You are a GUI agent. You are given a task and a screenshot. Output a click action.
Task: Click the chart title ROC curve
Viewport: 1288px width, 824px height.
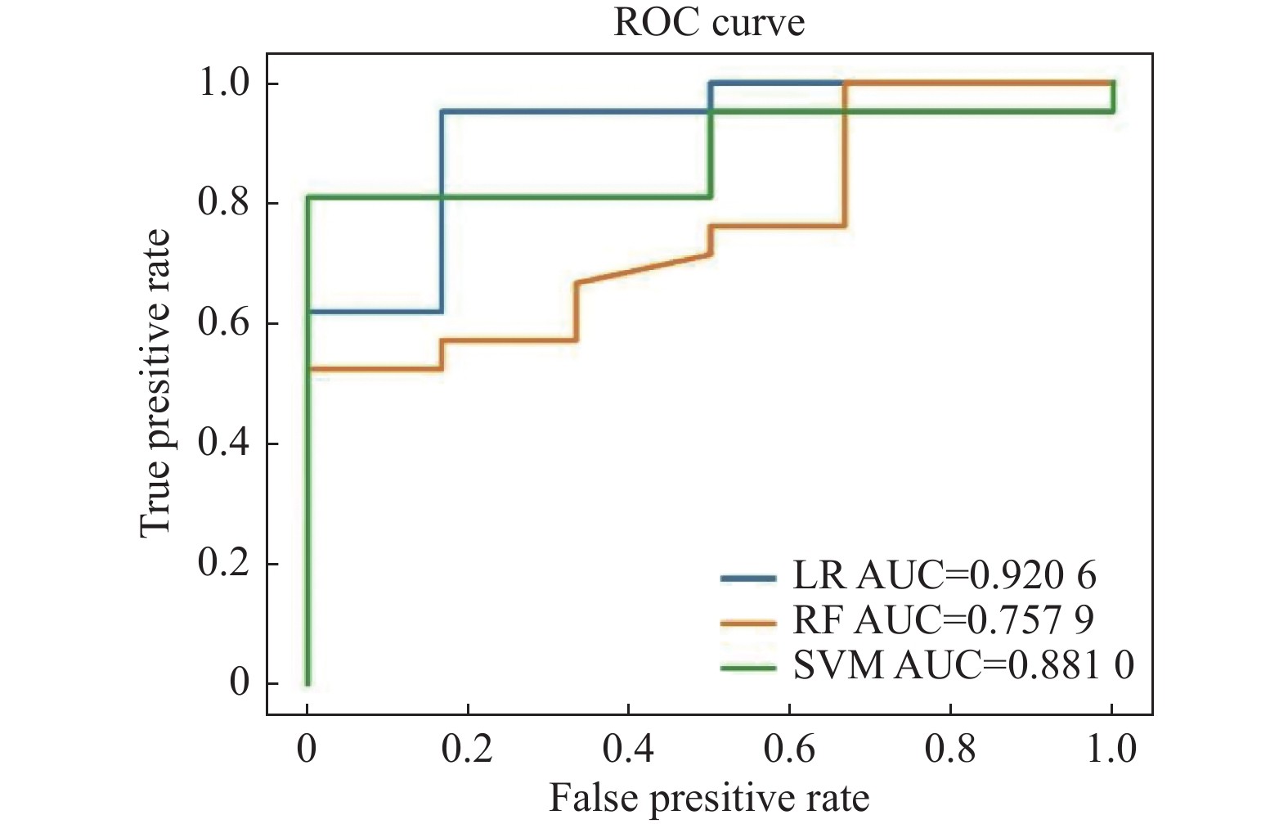(709, 22)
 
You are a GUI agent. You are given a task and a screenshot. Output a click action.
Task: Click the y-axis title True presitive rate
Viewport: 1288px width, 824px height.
(155, 383)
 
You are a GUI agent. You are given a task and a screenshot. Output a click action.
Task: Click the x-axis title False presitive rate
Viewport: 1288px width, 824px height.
(709, 798)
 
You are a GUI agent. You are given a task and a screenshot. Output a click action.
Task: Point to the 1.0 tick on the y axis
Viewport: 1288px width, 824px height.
(224, 83)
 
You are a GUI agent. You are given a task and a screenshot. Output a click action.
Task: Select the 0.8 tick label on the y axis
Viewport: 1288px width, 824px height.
(224, 202)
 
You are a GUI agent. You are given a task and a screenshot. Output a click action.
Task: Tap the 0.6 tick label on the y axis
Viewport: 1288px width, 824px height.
(224, 322)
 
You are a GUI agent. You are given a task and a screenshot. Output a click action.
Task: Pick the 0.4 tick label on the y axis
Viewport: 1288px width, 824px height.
(224, 443)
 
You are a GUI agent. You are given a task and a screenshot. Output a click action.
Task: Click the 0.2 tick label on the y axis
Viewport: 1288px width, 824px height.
(224, 563)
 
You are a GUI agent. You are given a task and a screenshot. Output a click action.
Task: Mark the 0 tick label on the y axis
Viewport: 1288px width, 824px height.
(240, 682)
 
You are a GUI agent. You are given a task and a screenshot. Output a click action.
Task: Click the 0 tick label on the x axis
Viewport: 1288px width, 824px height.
(307, 749)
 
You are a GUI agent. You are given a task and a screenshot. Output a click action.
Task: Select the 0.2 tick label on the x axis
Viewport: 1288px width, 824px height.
(467, 749)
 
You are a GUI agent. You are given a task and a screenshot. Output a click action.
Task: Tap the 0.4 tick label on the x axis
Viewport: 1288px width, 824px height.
(628, 749)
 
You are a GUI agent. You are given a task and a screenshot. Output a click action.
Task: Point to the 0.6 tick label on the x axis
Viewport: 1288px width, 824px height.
(789, 749)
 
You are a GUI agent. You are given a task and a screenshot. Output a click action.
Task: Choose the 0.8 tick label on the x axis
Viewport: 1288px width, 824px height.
(950, 749)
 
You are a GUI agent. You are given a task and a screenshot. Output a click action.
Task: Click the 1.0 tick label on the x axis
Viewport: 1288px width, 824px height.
(1111, 749)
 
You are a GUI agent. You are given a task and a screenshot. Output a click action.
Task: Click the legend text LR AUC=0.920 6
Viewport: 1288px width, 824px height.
(945, 576)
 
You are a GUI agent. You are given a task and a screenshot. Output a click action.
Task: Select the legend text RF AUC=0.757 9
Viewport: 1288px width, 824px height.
(943, 621)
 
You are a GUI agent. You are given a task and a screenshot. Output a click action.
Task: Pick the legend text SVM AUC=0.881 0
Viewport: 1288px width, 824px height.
(963, 666)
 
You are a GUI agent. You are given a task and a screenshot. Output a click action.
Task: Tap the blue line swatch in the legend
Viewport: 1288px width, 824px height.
(748, 579)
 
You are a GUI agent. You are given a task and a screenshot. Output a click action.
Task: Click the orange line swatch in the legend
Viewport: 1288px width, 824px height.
(748, 624)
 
